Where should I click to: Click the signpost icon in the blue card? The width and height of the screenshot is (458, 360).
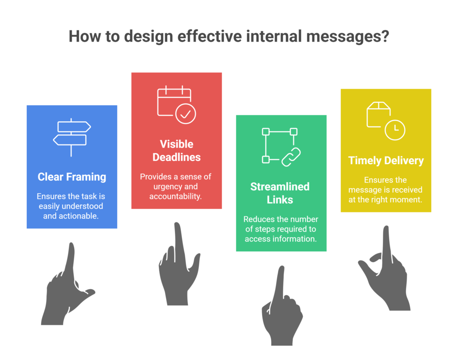click(71, 137)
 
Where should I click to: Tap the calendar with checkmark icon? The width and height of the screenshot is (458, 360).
click(176, 105)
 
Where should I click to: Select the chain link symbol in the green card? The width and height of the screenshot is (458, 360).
click(291, 157)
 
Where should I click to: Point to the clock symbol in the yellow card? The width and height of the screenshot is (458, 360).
click(395, 130)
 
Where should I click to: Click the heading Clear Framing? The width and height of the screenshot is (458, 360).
click(72, 177)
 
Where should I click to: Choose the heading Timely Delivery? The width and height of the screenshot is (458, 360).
click(386, 161)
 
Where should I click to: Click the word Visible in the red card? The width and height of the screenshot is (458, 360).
click(176, 144)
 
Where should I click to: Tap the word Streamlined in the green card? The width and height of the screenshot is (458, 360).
click(280, 186)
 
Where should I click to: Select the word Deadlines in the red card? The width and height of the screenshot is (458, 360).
click(176, 157)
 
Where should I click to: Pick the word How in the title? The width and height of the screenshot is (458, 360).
click(85, 37)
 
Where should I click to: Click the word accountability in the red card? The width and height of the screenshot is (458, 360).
click(175, 196)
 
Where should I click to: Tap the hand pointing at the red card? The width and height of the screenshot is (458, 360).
click(179, 264)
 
